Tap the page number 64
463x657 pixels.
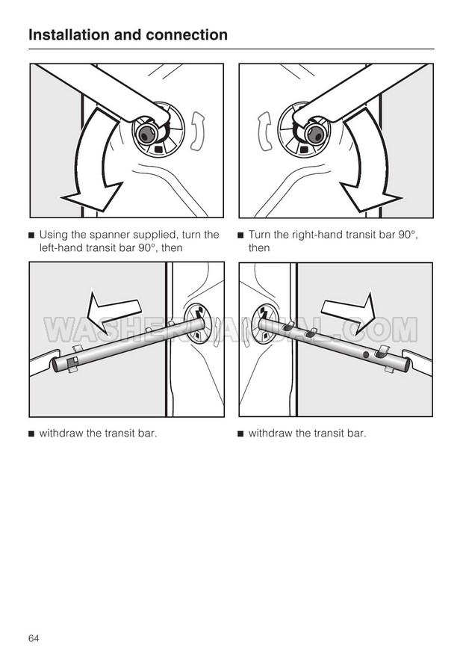tap(34, 638)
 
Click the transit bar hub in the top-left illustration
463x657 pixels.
tap(145, 134)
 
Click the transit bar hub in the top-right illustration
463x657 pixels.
tap(316, 134)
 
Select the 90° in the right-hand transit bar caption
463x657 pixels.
tap(408, 234)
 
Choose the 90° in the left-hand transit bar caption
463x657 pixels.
tap(148, 247)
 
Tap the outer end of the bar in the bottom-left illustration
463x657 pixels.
tap(55, 365)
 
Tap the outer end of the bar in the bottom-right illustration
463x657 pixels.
tap(406, 366)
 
